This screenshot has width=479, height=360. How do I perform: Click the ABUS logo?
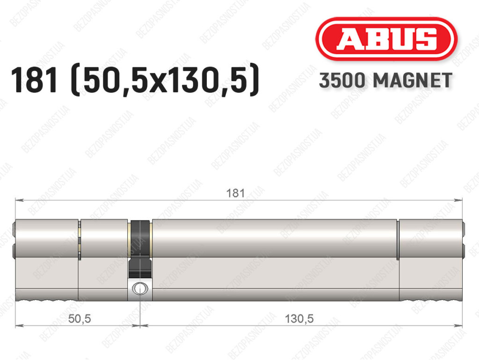[386, 39]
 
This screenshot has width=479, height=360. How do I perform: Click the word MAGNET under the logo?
[413, 81]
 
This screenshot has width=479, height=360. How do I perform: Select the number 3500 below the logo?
[342, 81]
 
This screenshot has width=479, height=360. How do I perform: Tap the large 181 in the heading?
[34, 80]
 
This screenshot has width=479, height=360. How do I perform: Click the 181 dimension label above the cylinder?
[235, 193]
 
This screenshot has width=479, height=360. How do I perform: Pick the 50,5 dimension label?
[80, 319]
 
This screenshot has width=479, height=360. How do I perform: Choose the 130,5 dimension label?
[299, 319]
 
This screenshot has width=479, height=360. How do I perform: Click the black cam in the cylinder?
[140, 248]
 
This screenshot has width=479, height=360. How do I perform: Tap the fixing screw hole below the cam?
[140, 288]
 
